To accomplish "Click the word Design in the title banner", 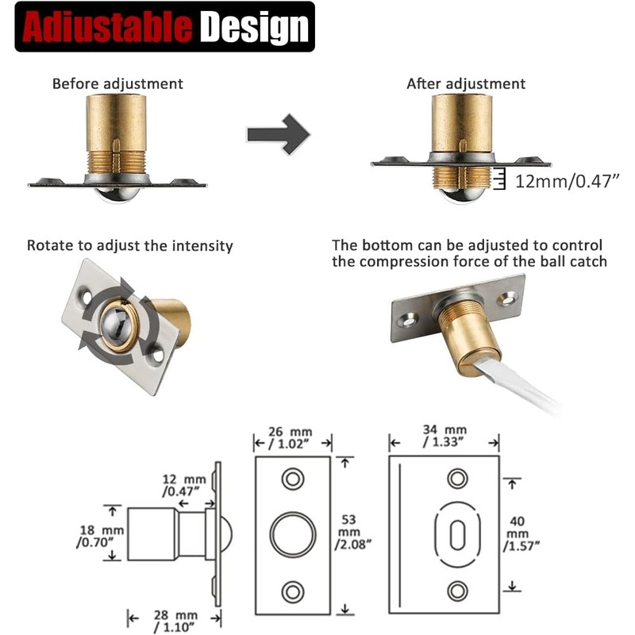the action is pyautogui.click(x=255, y=28).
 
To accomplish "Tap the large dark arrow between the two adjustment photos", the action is pyautogui.click(x=279, y=134).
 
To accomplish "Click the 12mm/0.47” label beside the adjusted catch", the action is pyautogui.click(x=567, y=181).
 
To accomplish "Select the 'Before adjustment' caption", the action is pyautogui.click(x=117, y=84).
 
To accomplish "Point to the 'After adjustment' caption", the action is pyautogui.click(x=466, y=84).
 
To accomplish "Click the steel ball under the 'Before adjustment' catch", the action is pyautogui.click(x=117, y=194).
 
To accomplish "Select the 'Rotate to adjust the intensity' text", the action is pyautogui.click(x=130, y=246).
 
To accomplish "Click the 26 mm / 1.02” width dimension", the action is pyautogui.click(x=291, y=438).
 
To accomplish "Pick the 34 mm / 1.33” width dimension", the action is pyautogui.click(x=444, y=436).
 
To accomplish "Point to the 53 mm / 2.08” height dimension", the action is pyautogui.click(x=352, y=532).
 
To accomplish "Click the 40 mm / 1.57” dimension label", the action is pyautogui.click(x=521, y=533).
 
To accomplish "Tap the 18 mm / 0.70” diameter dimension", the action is pyautogui.click(x=100, y=536).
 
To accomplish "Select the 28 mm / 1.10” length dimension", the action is pyautogui.click(x=175, y=621).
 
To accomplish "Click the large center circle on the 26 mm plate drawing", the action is pyautogui.click(x=293, y=534).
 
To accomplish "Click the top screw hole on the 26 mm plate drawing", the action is pyautogui.click(x=293, y=479).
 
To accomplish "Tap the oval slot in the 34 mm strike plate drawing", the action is pyautogui.click(x=458, y=535).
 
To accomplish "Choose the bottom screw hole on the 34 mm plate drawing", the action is pyautogui.click(x=458, y=591).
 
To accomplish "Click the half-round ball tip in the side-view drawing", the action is pyautogui.click(x=226, y=534).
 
